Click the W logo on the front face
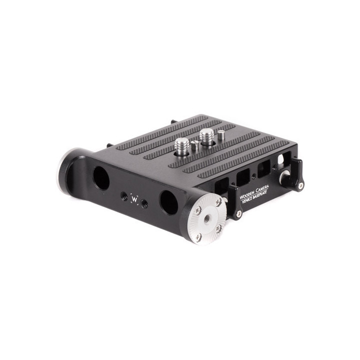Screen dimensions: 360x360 click(x=134, y=198)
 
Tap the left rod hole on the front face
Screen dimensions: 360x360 click(x=101, y=177)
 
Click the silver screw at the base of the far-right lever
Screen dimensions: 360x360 click(x=300, y=185)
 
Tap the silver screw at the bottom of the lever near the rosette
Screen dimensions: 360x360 click(x=239, y=213)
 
